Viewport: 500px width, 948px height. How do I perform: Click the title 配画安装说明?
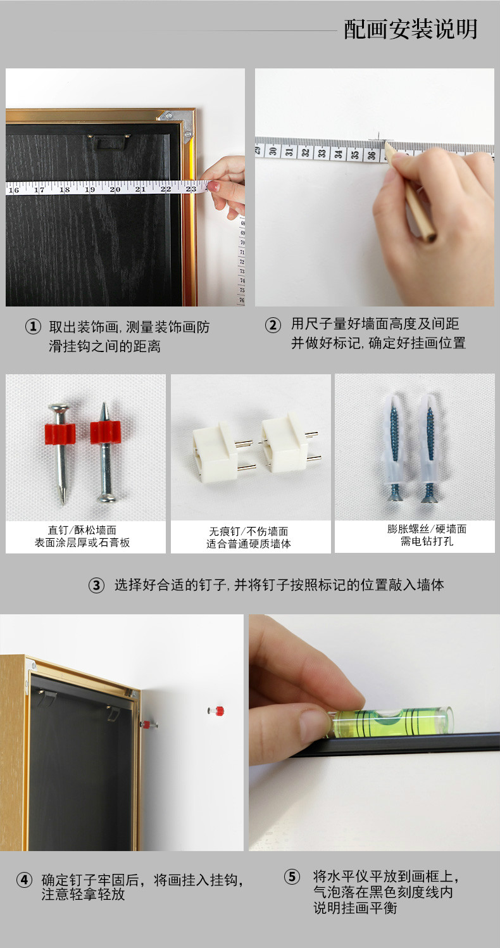click(410, 30)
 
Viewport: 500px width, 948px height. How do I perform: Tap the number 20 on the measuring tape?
click(115, 189)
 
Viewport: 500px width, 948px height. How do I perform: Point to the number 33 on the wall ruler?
click(322, 153)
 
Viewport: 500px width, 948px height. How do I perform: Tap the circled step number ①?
click(33, 327)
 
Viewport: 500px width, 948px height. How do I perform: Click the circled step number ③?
click(96, 585)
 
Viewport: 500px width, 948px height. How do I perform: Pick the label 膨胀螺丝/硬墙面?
click(427, 529)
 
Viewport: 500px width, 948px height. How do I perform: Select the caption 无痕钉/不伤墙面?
click(248, 531)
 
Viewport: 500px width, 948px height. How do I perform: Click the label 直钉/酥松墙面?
click(82, 530)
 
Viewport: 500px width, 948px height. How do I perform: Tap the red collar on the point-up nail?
click(105, 432)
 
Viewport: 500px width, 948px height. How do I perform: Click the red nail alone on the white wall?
click(216, 711)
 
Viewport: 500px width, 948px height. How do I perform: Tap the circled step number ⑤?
click(292, 876)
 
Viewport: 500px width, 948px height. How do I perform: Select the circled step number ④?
click(24, 880)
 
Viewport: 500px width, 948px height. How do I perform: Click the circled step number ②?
click(273, 325)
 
